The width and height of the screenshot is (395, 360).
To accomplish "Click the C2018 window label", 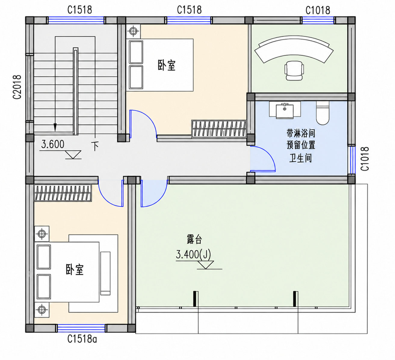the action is point(17,87).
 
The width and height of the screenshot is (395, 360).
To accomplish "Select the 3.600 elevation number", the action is point(53,144).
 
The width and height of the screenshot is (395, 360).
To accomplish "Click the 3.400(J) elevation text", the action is point(193,254).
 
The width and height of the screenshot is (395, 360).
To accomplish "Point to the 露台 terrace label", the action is point(194,239).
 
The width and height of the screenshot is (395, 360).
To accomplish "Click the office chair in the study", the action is point(294,70).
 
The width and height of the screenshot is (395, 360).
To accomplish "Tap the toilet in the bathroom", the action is point(322,113).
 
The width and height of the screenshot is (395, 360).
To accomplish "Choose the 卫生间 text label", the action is point(300,158).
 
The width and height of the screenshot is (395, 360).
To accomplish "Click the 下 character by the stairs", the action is point(95,146).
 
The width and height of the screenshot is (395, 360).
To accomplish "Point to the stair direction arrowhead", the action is point(55,127).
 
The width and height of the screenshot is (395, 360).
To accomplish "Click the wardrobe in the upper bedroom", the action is point(219,129).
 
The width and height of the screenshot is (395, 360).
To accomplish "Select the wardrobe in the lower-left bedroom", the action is point(63,193).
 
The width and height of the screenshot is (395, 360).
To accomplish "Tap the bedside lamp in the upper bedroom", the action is point(133,31).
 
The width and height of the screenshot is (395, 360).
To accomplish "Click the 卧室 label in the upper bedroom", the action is point(166,65).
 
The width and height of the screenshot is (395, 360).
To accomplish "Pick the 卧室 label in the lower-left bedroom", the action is point(75,270).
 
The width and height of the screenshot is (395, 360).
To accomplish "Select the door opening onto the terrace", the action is point(154,194).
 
